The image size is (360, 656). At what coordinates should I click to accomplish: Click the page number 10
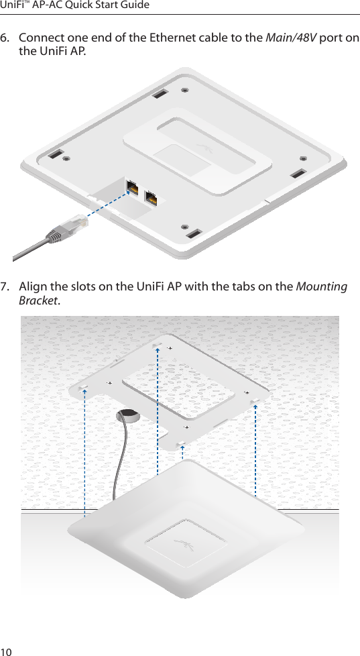pyautogui.click(x=7, y=648)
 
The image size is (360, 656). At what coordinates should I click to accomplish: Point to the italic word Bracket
pyautogui.click(x=38, y=301)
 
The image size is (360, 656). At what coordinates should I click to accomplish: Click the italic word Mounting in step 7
pyautogui.click(x=322, y=287)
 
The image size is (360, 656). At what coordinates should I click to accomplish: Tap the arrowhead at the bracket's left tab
pyautogui.click(x=85, y=391)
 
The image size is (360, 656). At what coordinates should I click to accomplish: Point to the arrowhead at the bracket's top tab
pyautogui.click(x=157, y=349)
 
